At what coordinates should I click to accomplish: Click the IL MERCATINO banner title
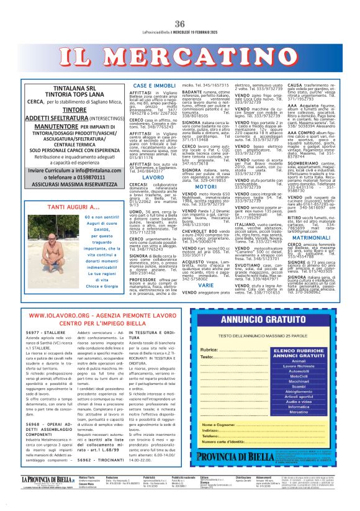pyautogui.click(x=179, y=52)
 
